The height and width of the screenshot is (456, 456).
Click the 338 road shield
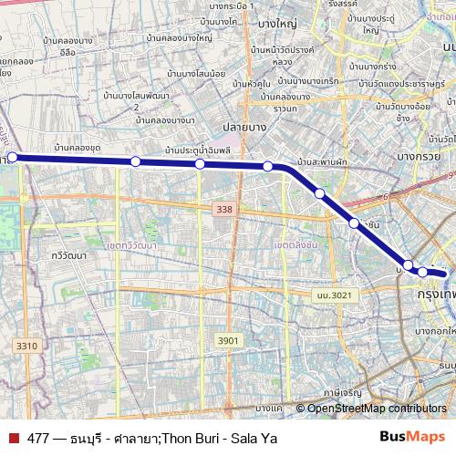click(x=223, y=210)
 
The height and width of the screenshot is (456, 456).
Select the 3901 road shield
click(x=228, y=340)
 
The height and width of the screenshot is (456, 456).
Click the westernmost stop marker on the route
click(x=12, y=157)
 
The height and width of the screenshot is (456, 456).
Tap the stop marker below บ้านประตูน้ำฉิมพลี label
click(x=200, y=164)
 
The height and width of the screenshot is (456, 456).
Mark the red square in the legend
click(x=12, y=438)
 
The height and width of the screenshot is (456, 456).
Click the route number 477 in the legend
click(x=38, y=438)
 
